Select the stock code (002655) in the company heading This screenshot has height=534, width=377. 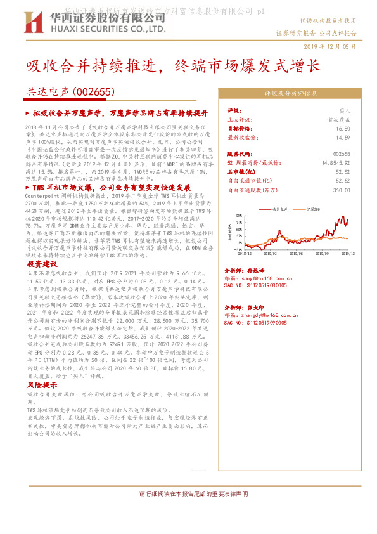click(x=95, y=91)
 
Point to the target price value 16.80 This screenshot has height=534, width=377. click(x=343, y=127)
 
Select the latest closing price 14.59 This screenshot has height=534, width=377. click(x=343, y=136)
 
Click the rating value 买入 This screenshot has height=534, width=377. click(x=344, y=110)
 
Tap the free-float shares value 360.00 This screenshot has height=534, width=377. click(x=342, y=189)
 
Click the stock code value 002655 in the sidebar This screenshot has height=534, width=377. click(x=341, y=153)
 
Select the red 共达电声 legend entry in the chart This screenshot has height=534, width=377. click(x=279, y=208)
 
